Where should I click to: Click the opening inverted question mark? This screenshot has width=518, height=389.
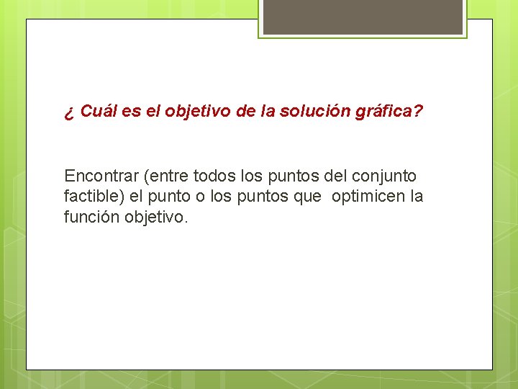(68, 113)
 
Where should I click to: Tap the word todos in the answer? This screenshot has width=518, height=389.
(214, 176)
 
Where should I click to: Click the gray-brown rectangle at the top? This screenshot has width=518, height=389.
(363, 17)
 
